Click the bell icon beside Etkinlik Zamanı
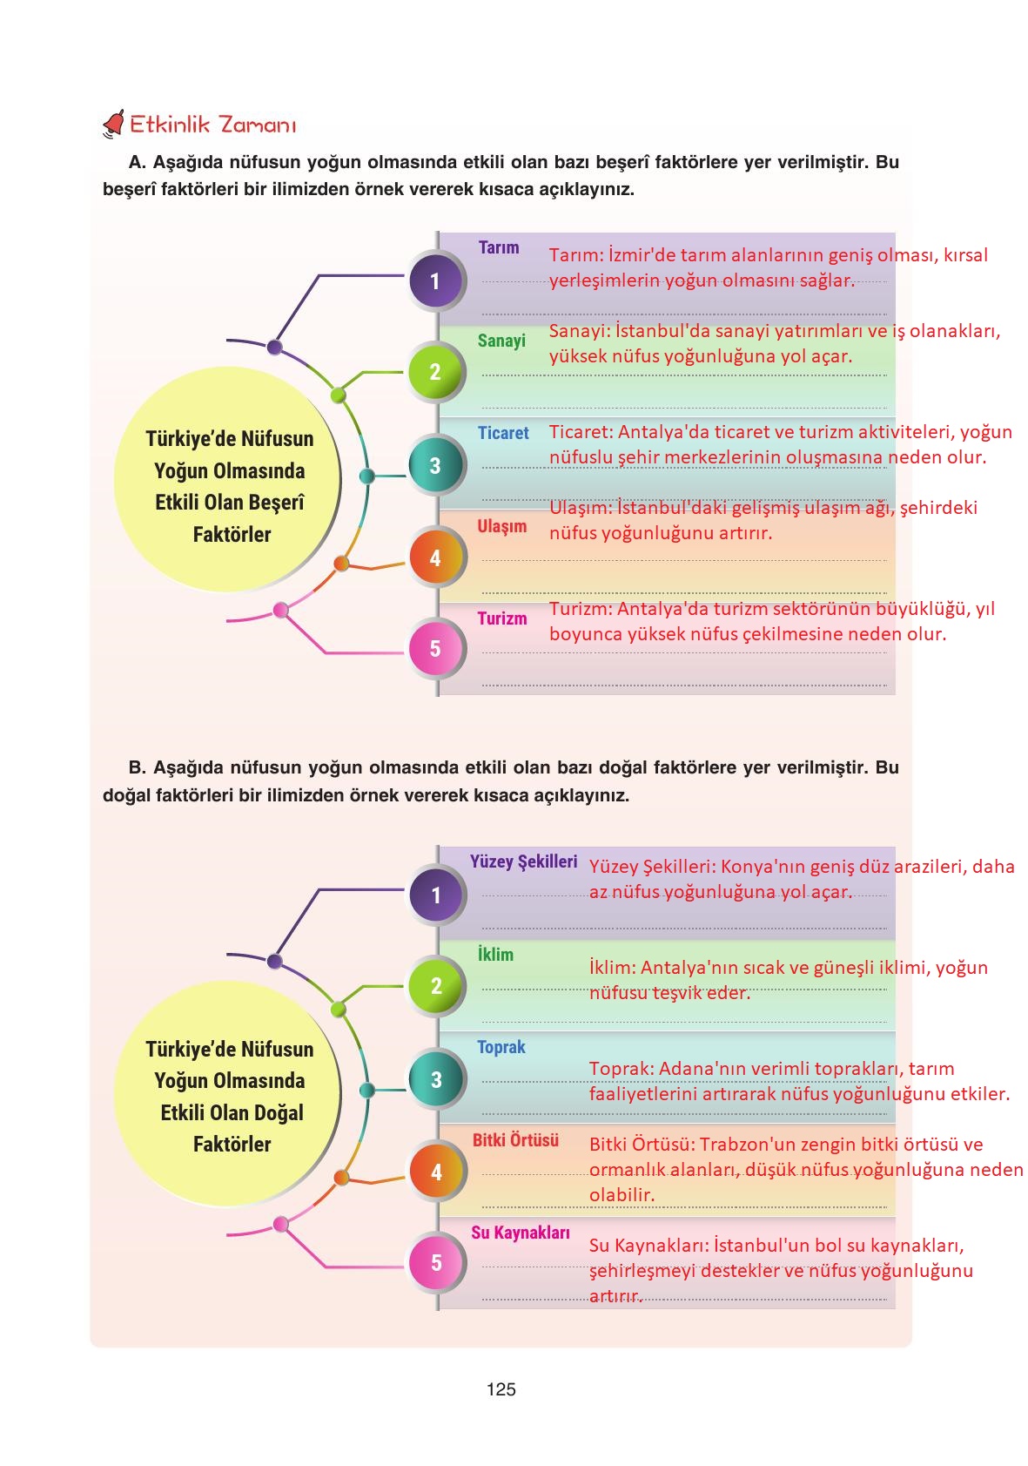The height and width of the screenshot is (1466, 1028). click(113, 125)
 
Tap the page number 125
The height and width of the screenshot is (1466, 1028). click(501, 1389)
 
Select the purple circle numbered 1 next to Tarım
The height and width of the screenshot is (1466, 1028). click(435, 280)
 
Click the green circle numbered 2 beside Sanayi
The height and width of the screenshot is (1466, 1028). click(435, 372)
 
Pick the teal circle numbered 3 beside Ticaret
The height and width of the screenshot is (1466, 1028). click(435, 465)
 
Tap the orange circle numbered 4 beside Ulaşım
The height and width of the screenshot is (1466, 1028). click(435, 557)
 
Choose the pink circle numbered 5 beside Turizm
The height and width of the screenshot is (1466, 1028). click(435, 649)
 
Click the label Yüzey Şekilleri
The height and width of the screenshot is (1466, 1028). click(523, 861)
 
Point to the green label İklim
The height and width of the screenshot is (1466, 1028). click(495, 955)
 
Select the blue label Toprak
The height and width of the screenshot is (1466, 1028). click(501, 1047)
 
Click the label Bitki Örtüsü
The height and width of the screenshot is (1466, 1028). click(515, 1140)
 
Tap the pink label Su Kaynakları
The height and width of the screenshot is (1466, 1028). click(521, 1233)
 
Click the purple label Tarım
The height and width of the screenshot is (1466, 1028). click(499, 247)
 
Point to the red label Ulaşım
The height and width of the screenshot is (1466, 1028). click(502, 526)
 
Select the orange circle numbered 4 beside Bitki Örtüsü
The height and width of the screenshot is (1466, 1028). click(436, 1172)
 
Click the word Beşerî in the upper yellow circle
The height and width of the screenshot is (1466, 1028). click(276, 503)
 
